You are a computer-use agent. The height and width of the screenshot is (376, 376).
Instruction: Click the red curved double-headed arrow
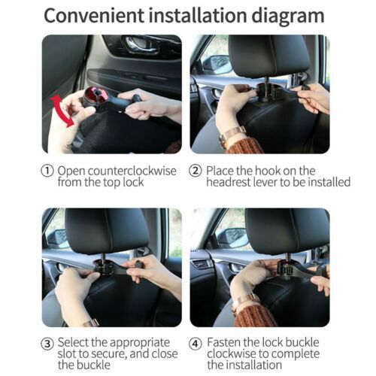click(x=62, y=111)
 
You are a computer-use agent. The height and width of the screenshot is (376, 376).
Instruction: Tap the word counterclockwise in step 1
click(x=129, y=171)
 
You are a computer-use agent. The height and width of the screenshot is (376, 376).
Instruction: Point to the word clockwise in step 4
click(x=236, y=355)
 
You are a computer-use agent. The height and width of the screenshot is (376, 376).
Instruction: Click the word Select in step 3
click(x=77, y=344)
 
